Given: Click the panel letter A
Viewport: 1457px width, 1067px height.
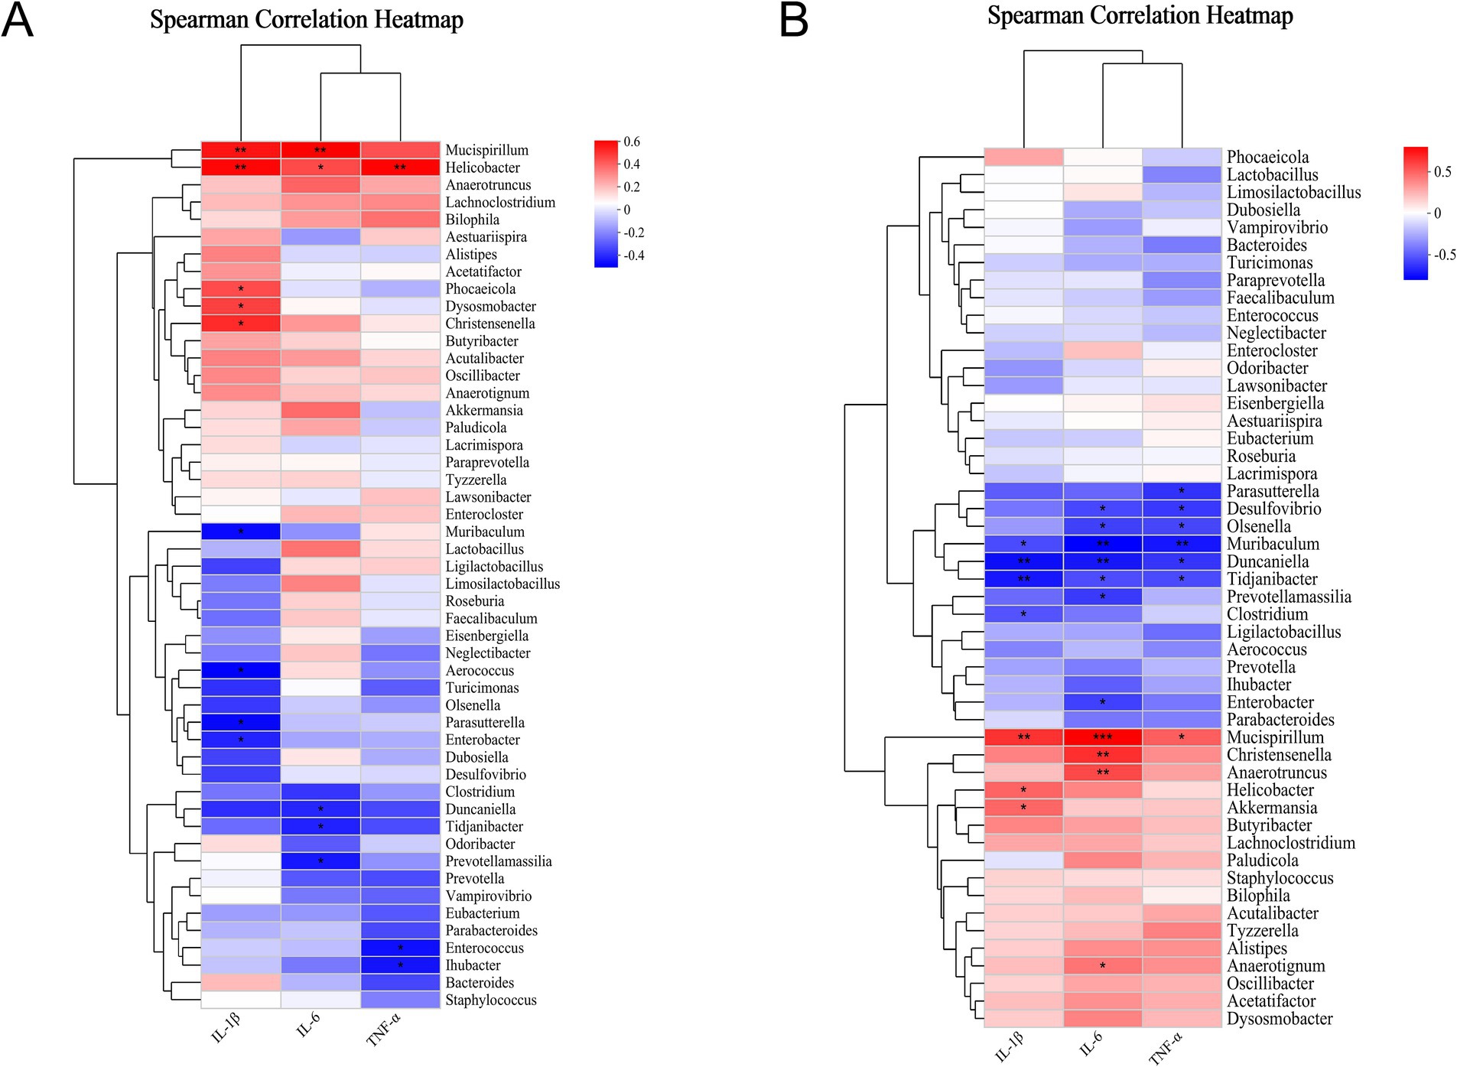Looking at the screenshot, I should [18, 20].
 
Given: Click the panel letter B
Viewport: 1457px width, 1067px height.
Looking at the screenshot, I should [794, 20].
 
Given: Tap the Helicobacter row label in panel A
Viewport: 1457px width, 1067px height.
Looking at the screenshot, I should [483, 168].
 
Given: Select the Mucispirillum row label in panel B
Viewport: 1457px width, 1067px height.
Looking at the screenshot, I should [1275, 737].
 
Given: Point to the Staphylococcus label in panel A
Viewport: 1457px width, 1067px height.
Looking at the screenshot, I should [491, 1000].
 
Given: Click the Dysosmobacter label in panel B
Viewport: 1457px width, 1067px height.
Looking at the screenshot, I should [1280, 1019].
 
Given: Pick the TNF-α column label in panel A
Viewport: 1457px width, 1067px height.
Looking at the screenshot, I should [384, 1030].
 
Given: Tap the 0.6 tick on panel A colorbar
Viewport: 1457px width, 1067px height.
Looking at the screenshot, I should [632, 142].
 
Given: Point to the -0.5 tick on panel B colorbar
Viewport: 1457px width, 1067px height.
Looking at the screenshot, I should [1444, 255].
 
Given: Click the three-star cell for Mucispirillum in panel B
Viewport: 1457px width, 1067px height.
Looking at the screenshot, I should [1103, 737].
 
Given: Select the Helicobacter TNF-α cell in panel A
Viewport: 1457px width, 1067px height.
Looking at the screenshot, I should [400, 168].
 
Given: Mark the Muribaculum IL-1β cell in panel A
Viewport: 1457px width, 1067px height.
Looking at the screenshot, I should [241, 532].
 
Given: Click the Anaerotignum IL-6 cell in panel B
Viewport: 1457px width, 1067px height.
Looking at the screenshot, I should [1103, 966].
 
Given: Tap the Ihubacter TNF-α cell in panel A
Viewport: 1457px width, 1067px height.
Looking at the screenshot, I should [400, 965].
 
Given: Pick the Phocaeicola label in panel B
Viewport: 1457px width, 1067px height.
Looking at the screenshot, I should [1268, 157].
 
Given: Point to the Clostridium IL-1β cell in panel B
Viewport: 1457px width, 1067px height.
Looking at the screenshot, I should [1023, 614].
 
